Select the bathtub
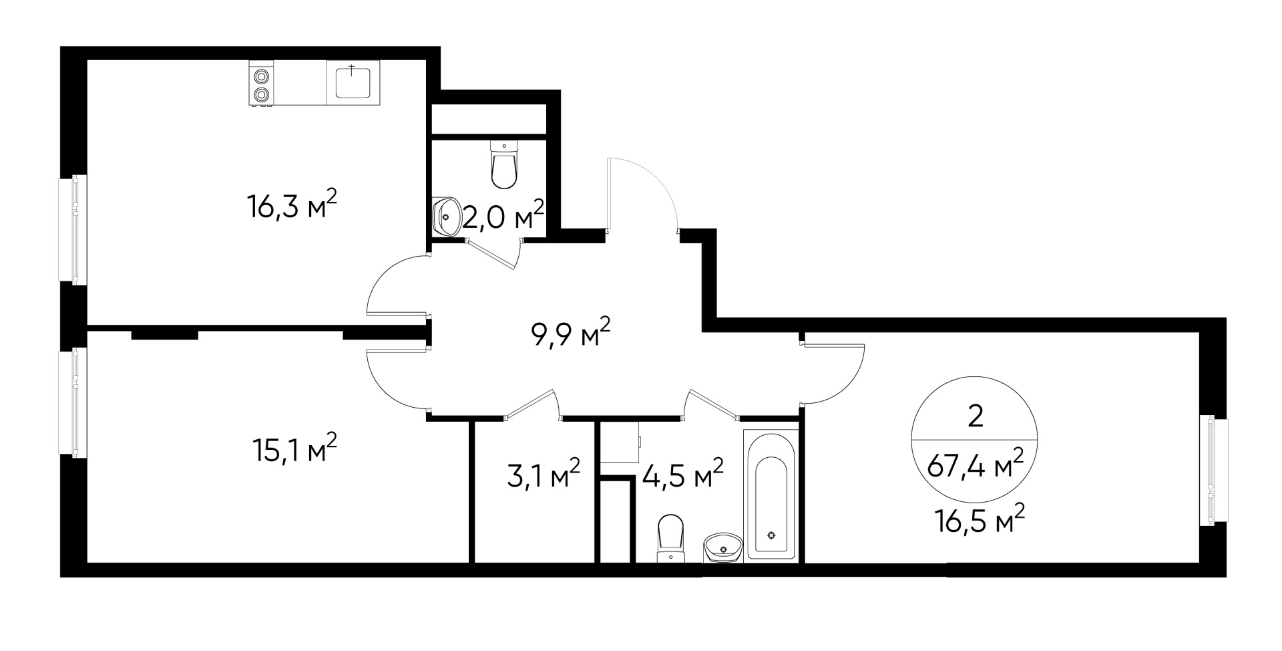771,494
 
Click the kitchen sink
353,82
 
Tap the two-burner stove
261,84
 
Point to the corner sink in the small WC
446,215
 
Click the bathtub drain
772,535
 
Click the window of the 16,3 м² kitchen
79,229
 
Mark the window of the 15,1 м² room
79,402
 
